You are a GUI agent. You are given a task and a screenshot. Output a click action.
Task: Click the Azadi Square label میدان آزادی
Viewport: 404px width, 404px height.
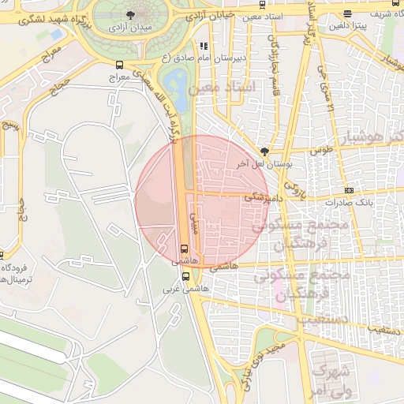[128, 28]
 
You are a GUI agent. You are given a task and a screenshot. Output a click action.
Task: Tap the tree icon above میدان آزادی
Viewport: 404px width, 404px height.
[129, 14]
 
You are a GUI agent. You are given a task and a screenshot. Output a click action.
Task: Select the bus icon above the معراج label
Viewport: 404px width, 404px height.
[119, 65]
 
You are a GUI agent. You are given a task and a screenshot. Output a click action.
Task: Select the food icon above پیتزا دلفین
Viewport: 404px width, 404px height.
[348, 13]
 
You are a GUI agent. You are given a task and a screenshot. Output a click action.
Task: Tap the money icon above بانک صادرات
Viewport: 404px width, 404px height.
[349, 191]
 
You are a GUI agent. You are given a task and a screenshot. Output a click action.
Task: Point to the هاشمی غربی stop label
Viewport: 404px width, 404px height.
[178, 289]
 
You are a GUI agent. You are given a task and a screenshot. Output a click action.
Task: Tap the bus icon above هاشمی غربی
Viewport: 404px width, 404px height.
[186, 276]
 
